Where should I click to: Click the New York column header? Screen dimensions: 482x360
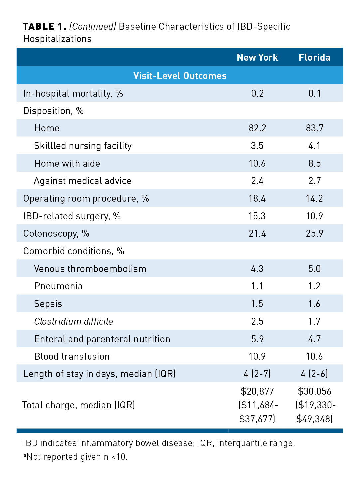[257, 57]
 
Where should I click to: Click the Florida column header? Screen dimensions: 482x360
[314, 57]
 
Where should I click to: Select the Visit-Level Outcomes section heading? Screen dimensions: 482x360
[180, 76]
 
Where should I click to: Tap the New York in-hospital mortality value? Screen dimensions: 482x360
[257, 93]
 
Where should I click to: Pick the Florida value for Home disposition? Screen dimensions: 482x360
[314, 128]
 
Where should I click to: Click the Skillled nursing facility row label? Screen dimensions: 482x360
[83, 146]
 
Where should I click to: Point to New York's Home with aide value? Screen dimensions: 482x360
[257, 163]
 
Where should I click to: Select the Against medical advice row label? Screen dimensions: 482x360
[83, 181]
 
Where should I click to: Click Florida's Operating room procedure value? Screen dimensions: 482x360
[314, 198]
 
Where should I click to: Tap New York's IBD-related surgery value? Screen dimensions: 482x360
[257, 216]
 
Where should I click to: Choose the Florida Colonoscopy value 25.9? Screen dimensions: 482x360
[314, 233]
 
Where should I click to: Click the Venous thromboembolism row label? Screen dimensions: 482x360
[90, 269]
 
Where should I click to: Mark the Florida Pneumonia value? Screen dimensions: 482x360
[314, 286]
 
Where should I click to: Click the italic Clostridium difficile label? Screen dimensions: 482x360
[74, 321]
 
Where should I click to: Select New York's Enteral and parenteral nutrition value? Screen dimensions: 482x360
[257, 339]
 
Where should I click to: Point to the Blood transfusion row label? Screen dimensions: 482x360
[72, 356]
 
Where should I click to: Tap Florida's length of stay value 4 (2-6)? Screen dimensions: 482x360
[314, 374]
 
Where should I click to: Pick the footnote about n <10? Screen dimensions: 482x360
[76, 457]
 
